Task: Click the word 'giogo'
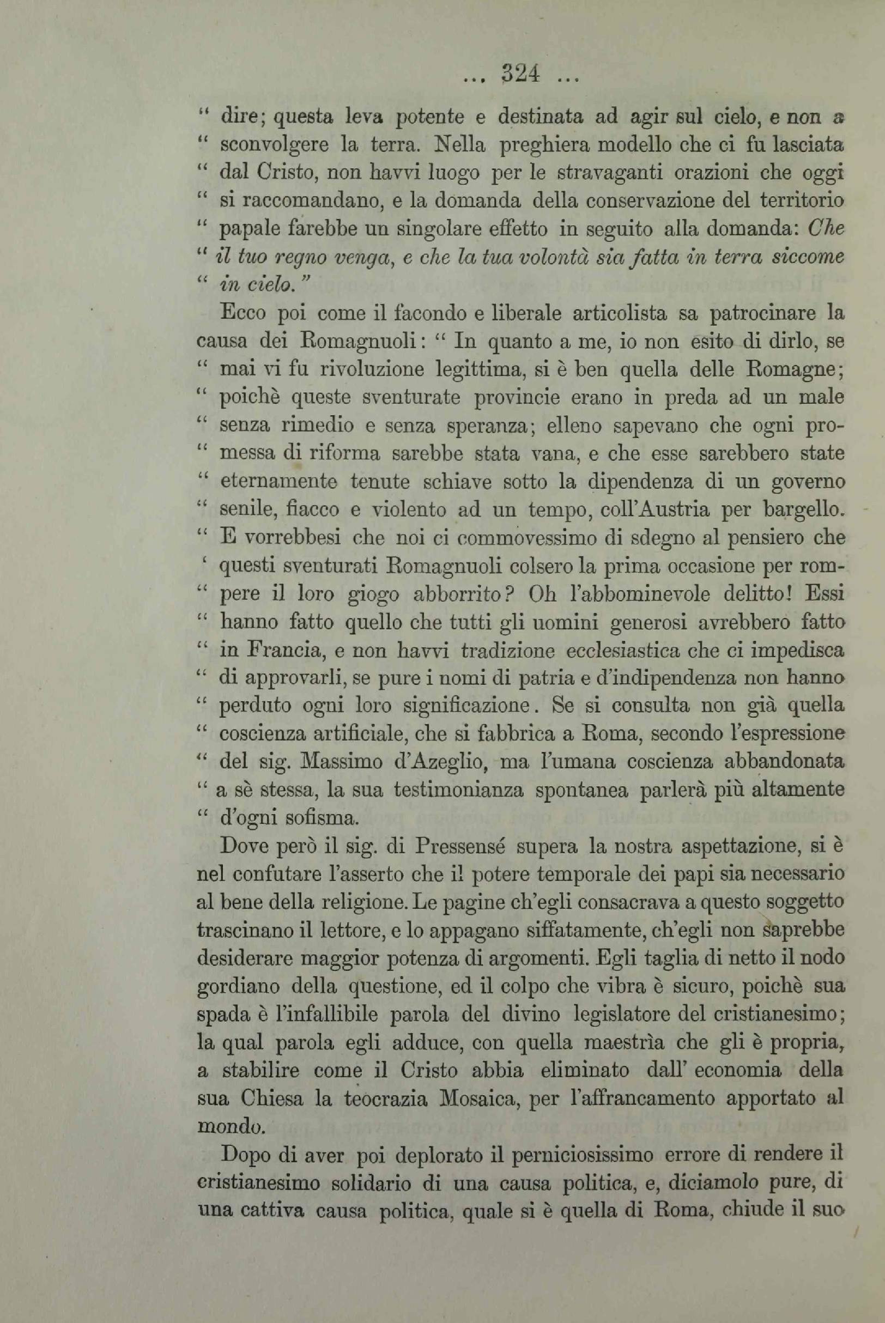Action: tap(375, 594)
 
